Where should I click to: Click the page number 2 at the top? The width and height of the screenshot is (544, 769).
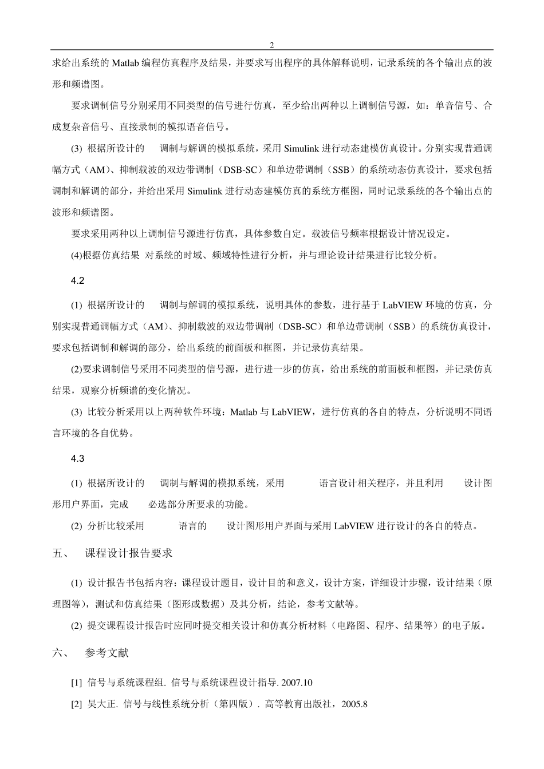[x=272, y=45]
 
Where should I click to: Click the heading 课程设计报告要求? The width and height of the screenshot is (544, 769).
[x=129, y=553]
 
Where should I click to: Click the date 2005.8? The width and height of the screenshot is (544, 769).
[x=353, y=704]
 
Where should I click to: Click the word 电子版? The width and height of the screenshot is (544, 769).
[x=471, y=625]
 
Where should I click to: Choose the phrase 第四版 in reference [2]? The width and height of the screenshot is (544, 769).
[x=234, y=704]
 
